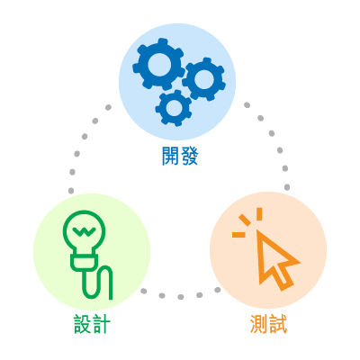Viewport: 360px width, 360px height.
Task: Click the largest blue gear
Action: tap(141, 65)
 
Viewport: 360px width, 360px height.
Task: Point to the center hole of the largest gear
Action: tap(158, 64)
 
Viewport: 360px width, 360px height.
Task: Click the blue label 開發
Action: tap(180, 156)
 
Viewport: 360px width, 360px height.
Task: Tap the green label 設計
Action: tap(92, 324)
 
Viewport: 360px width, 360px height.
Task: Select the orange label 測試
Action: tap(268, 324)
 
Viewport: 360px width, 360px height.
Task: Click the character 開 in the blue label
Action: tap(170, 156)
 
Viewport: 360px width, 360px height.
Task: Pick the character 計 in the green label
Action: tap(102, 324)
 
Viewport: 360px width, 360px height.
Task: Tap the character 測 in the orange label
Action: tap(259, 324)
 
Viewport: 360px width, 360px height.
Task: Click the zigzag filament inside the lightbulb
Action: tap(84, 230)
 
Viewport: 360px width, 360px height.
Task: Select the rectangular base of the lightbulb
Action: tap(84, 263)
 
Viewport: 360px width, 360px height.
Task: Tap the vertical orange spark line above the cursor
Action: tap(259, 214)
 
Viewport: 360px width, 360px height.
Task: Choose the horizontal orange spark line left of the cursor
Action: tap(238, 234)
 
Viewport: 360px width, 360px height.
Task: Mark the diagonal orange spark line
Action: tap(245, 220)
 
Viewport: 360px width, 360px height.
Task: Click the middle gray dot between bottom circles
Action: tap(180, 297)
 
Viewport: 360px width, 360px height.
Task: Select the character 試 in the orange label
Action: tap(278, 324)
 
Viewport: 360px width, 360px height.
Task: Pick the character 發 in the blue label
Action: tap(189, 156)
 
